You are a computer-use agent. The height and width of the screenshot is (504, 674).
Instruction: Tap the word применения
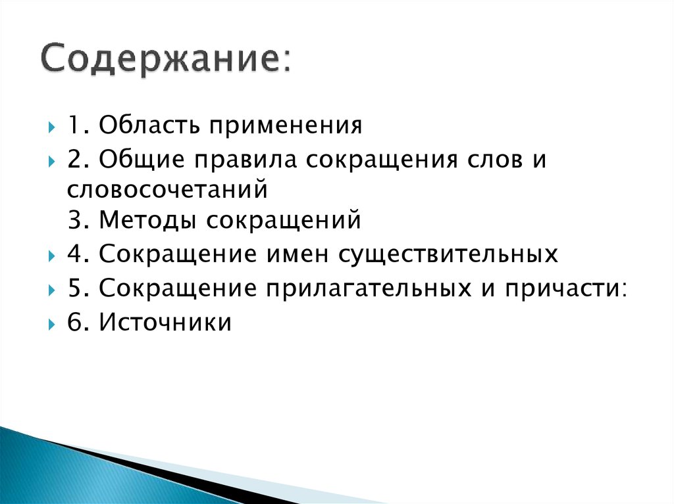point(286,125)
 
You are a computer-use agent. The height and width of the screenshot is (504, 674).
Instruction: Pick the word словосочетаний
point(167,190)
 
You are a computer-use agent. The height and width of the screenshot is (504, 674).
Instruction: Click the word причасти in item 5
point(562,288)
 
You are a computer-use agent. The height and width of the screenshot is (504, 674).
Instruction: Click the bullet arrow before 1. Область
point(53,126)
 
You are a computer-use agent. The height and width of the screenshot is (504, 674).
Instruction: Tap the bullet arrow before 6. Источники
point(53,323)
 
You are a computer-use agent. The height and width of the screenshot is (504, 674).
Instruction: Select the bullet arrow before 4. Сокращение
point(53,255)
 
